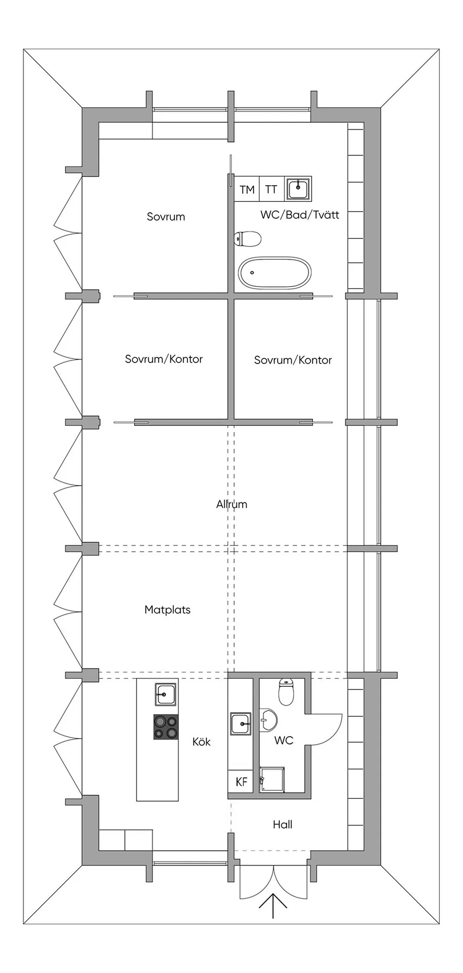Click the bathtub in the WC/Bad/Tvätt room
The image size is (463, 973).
[275, 273]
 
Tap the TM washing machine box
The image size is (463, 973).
[247, 189]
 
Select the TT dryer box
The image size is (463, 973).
[271, 189]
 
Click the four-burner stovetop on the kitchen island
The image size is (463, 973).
[166, 727]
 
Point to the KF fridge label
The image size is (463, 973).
[241, 782]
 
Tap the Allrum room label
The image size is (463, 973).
[231, 504]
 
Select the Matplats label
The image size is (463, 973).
[167, 609]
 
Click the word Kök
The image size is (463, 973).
[201, 742]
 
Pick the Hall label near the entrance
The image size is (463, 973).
[282, 824]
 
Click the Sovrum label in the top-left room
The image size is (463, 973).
[166, 216]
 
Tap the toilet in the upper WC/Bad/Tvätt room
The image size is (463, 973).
[248, 239]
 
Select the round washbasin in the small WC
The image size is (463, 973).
[268, 720]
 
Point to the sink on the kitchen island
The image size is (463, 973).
[165, 694]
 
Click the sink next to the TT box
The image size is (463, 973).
[298, 188]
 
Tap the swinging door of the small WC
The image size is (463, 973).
[326, 729]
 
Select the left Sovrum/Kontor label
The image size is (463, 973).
[163, 359]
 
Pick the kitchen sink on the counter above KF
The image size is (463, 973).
[241, 723]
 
